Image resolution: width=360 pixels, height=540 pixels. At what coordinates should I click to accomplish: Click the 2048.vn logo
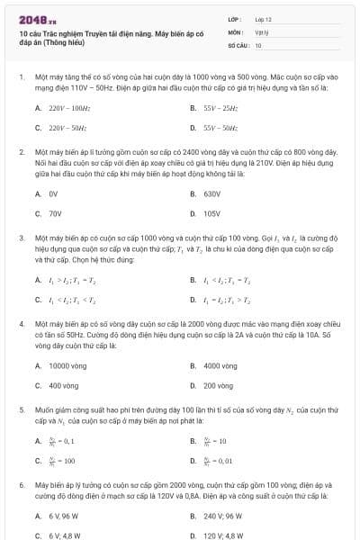click(x=33, y=18)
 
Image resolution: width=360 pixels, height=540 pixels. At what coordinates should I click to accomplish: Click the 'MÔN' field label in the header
click(x=235, y=31)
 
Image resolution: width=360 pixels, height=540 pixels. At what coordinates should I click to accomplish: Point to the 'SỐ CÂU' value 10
click(x=258, y=44)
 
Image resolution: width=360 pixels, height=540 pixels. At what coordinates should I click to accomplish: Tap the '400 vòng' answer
click(x=63, y=386)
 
